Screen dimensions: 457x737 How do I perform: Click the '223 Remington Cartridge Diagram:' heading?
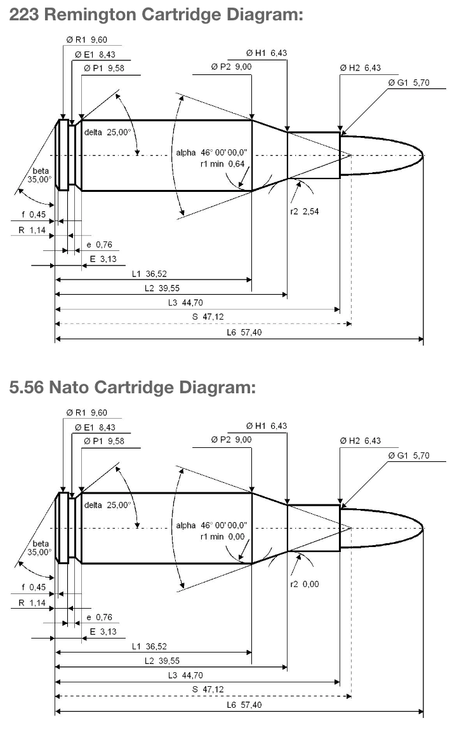(x=156, y=15)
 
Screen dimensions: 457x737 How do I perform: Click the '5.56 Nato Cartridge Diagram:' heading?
(x=133, y=388)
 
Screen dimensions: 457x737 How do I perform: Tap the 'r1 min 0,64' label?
(x=223, y=164)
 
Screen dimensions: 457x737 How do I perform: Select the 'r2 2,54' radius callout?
(x=305, y=212)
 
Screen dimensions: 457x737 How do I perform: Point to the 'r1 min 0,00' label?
(x=223, y=537)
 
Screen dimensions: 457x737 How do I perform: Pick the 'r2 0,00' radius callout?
(x=305, y=585)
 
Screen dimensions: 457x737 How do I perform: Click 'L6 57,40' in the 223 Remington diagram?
(x=244, y=332)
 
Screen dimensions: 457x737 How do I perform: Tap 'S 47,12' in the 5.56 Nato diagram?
(x=208, y=689)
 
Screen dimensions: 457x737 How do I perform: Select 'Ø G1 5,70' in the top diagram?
(x=409, y=83)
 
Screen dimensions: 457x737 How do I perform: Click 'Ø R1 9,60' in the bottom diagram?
(x=87, y=413)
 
